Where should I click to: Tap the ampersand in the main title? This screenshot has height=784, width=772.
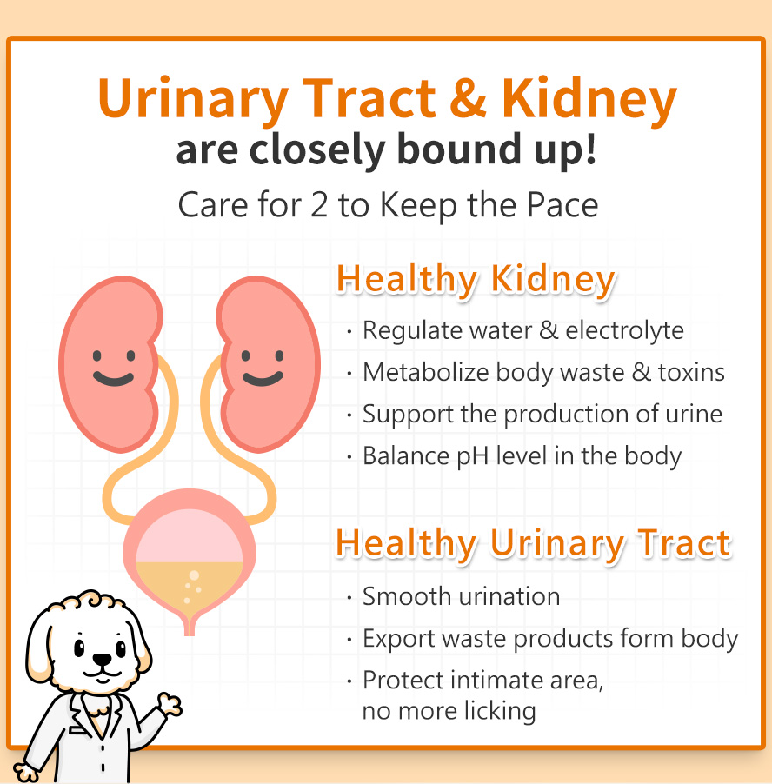(468, 97)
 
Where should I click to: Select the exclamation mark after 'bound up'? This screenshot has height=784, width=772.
(590, 149)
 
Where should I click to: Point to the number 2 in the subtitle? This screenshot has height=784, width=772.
(318, 205)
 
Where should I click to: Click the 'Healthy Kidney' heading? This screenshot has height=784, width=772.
(476, 280)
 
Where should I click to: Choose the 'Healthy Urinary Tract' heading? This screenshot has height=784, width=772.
(534, 543)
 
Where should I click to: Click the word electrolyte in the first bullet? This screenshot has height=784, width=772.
(624, 330)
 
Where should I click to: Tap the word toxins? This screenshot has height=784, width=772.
(691, 373)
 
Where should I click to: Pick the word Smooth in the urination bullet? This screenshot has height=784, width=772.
(407, 596)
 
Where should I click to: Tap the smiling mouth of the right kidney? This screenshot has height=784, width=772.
(263, 378)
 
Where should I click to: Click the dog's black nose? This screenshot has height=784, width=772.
(103, 660)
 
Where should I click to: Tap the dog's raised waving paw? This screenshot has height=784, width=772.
(170, 704)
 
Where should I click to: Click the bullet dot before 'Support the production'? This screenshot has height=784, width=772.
(349, 415)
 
